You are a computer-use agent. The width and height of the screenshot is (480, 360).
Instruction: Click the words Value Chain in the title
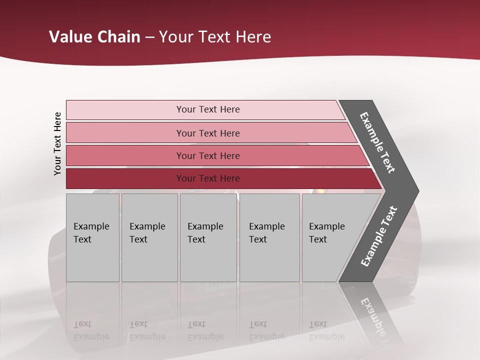94,37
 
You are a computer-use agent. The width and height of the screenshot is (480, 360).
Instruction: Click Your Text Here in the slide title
215,37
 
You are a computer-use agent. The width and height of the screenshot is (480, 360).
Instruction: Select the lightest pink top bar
125,110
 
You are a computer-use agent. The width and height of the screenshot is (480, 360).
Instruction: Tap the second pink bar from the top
125,133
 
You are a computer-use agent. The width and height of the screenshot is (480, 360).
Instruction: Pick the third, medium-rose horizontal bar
125,155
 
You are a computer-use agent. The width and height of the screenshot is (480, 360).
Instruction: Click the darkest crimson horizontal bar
125,178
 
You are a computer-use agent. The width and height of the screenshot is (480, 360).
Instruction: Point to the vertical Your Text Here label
57,143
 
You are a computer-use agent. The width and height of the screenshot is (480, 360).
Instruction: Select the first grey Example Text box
92,237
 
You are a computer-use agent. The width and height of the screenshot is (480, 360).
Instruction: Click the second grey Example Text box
149,237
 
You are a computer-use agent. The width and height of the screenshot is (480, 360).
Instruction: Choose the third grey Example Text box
207,237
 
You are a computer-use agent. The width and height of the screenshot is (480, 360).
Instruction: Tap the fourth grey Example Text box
269,237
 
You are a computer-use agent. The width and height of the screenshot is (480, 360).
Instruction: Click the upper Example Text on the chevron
377,143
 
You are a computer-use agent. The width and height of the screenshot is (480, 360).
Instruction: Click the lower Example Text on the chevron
378,236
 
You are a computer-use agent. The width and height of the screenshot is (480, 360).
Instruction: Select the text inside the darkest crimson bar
208,178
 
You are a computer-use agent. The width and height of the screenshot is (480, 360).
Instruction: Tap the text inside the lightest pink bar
208,109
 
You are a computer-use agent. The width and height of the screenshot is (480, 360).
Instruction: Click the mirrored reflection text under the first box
91,330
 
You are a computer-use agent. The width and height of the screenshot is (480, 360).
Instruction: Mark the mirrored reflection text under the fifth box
326,330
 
